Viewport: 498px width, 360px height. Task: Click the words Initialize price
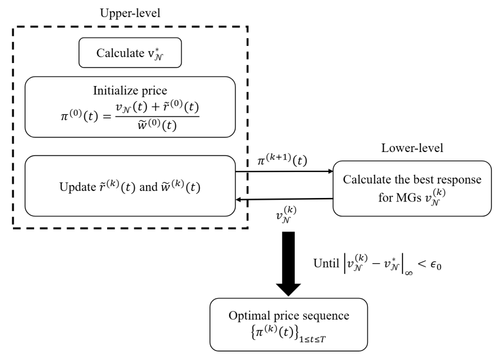tap(129, 91)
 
